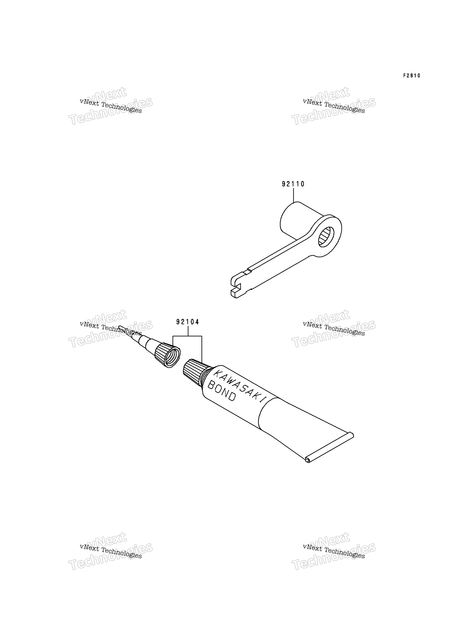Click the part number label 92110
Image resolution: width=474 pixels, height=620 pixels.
293,184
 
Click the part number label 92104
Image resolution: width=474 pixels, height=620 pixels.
188,322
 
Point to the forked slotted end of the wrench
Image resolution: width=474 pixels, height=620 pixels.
240,285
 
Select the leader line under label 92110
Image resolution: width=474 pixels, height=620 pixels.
293,195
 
